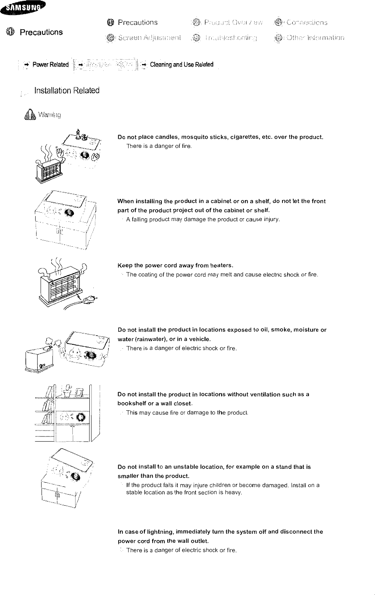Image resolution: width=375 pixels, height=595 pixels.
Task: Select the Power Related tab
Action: click(50, 65)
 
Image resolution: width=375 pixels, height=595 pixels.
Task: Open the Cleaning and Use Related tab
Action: click(182, 64)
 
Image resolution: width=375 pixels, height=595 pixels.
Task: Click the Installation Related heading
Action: click(67, 91)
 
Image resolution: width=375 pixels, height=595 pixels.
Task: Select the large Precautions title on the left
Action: click(41, 32)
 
